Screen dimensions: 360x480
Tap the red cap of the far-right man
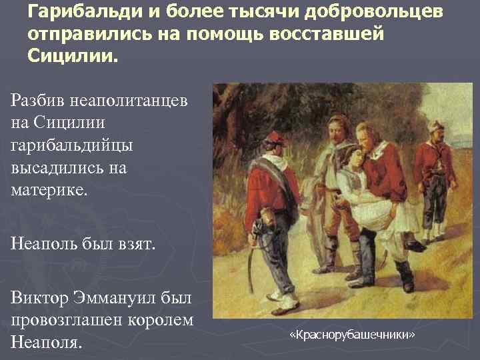(437, 126)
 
